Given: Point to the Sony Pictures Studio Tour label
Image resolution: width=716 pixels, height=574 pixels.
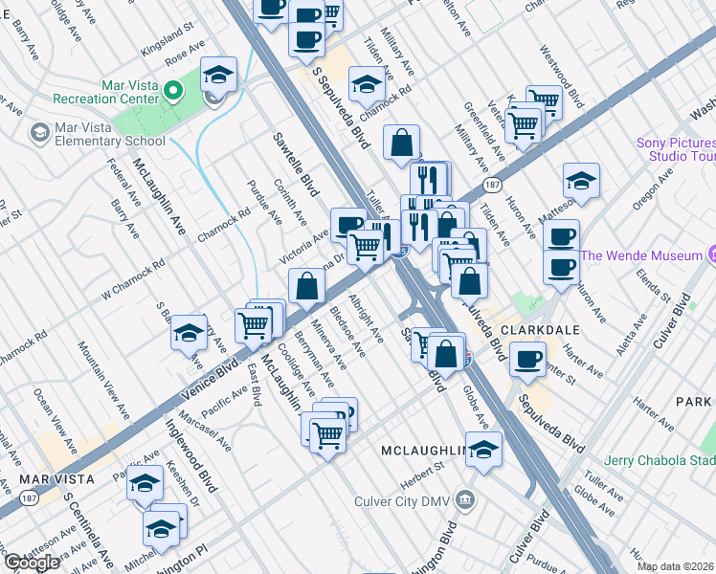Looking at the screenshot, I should click(676, 150).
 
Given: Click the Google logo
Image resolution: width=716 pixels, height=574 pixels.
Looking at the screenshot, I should click(32, 562).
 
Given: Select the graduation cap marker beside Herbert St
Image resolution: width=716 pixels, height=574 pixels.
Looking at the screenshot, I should click(484, 448).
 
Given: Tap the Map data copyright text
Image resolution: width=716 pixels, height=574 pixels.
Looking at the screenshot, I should click(676, 566).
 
